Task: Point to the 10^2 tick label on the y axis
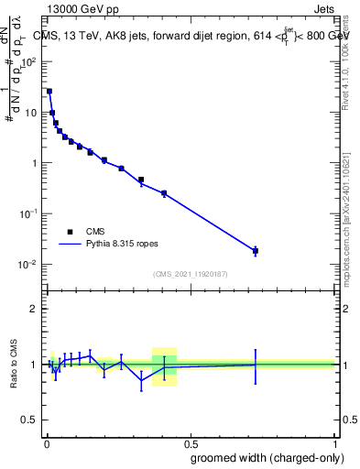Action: point(28,62)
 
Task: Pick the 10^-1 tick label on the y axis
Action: point(28,213)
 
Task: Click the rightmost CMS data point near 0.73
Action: point(256,250)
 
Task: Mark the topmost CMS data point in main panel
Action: point(49,92)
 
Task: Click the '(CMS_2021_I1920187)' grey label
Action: point(190,273)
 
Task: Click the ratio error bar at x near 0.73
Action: point(256,365)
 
